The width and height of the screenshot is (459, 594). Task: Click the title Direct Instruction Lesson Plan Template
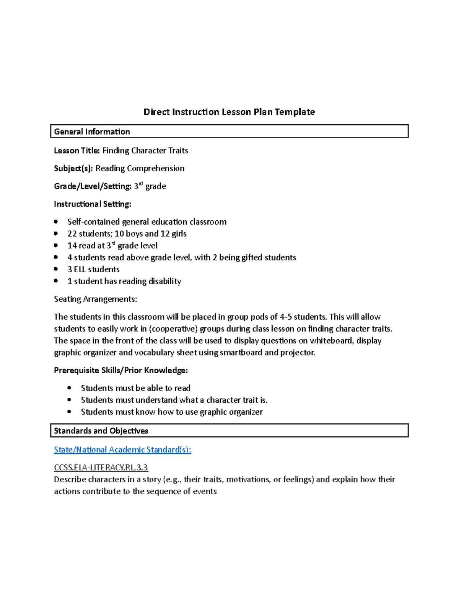tap(229, 112)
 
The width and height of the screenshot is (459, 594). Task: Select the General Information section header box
tap(229, 131)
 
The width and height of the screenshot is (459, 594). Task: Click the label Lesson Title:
tap(77, 151)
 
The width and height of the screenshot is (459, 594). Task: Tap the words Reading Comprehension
tap(140, 168)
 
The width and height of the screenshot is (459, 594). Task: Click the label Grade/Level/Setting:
tap(93, 186)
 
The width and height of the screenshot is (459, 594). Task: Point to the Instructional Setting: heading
tap(93, 204)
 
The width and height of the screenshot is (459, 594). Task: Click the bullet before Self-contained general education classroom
tap(56, 222)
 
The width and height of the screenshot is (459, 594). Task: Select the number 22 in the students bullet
tap(72, 234)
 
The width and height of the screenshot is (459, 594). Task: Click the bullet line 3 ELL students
tap(93, 269)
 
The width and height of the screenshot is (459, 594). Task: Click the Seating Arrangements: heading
tap(95, 299)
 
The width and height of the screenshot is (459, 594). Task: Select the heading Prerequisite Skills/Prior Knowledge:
tap(121, 370)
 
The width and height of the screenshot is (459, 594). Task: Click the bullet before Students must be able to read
tap(69, 388)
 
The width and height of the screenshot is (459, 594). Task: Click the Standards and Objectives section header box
tap(229, 430)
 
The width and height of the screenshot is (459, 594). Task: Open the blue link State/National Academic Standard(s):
tap(122, 450)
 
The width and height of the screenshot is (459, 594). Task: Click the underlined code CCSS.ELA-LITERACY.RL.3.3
tap(101, 467)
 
